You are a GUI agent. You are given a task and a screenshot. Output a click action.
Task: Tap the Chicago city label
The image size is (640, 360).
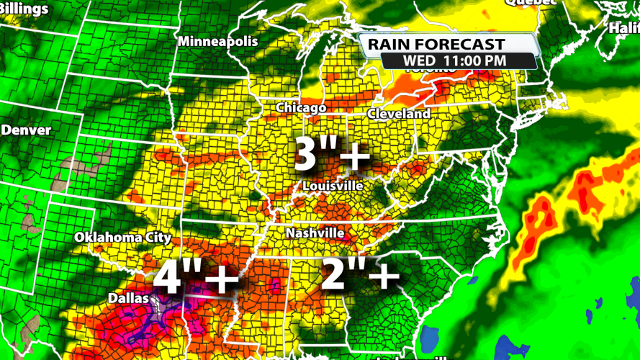click(x=302, y=108)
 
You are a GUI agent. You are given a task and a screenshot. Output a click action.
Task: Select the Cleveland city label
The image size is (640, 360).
click(x=398, y=114)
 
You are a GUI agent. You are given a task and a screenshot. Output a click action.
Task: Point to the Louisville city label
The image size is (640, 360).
click(x=333, y=186)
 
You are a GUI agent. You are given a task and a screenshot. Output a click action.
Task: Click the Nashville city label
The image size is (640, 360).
click(x=315, y=233)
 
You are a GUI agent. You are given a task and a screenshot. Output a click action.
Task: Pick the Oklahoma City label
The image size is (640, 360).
click(x=123, y=237)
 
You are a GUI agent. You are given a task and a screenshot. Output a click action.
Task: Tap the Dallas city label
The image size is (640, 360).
click(x=128, y=297)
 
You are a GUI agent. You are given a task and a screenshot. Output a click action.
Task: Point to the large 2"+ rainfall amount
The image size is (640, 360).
click(x=360, y=276)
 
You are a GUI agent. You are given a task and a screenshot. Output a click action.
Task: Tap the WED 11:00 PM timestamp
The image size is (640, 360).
click(x=454, y=60)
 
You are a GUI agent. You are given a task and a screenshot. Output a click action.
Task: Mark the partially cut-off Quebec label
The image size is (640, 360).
click(x=531, y=3)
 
